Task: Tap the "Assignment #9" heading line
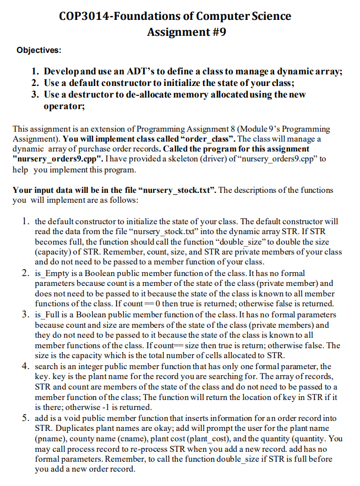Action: point(186,32)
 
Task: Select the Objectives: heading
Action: point(39,50)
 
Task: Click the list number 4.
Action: point(25,366)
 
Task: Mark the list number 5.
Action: point(25,418)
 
